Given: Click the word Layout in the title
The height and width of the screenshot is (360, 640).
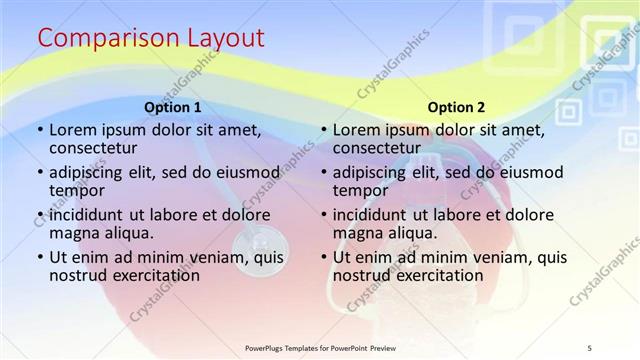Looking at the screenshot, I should (x=227, y=38).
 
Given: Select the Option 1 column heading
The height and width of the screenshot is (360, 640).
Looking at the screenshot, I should (x=173, y=107).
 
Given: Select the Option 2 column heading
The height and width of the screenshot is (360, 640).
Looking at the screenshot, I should (x=456, y=107).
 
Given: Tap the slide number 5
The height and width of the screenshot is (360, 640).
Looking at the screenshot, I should (x=591, y=347).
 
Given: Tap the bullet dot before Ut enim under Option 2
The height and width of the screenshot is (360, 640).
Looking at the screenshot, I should (x=324, y=257).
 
